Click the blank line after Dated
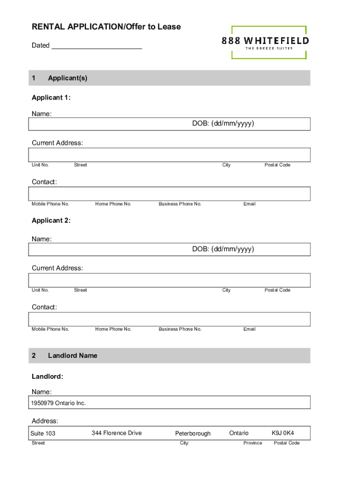97,46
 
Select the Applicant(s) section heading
67,78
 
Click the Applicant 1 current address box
169,155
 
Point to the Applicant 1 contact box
169,194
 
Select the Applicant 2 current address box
169,280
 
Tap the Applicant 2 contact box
169,319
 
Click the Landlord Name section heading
72,356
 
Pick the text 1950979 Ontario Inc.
58,403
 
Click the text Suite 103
43,434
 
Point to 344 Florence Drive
116,433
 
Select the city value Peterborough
193,434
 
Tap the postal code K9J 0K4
283,433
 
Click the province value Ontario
239,433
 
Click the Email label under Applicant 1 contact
249,204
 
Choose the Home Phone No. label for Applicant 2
113,329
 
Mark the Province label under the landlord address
252,443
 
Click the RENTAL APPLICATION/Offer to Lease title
106,27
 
